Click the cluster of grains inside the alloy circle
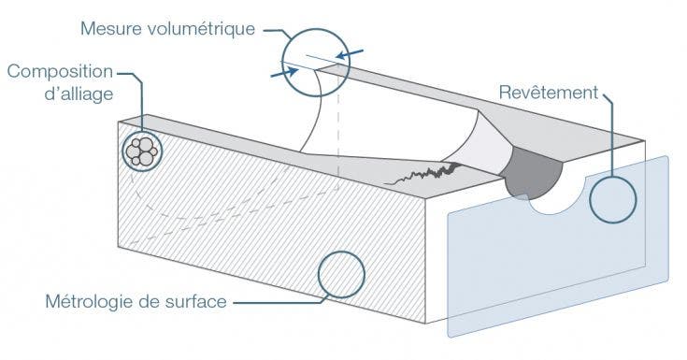[142, 150]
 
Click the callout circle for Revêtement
[613, 198]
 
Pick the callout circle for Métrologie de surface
[340, 274]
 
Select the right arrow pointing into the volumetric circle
[350, 53]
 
